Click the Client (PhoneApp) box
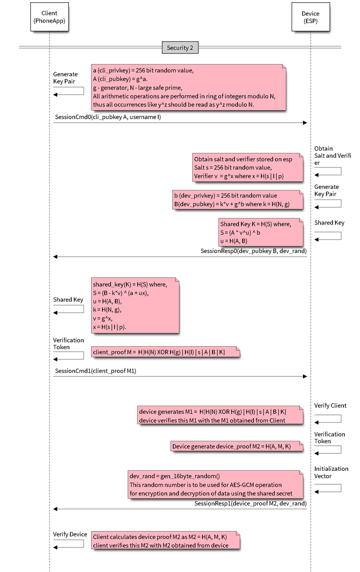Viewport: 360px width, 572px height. pos(49,17)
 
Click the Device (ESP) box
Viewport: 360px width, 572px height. pos(311,17)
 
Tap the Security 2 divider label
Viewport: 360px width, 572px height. pos(180,48)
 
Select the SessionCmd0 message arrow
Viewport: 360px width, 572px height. pos(180,123)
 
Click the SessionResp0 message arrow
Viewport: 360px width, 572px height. pos(180,257)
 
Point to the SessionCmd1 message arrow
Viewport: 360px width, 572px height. pos(180,376)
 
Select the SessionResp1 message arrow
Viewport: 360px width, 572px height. pos(180,509)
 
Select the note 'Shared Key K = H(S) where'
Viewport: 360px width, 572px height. pos(260,232)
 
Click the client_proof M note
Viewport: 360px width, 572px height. pos(165,352)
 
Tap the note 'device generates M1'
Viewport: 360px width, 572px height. pos(219,415)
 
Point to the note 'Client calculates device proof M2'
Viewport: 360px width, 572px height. pos(165,540)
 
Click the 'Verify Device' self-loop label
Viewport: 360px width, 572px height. pos(70,534)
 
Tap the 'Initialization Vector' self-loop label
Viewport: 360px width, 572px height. pos(331,472)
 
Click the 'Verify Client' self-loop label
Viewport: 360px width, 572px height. pos(330,406)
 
